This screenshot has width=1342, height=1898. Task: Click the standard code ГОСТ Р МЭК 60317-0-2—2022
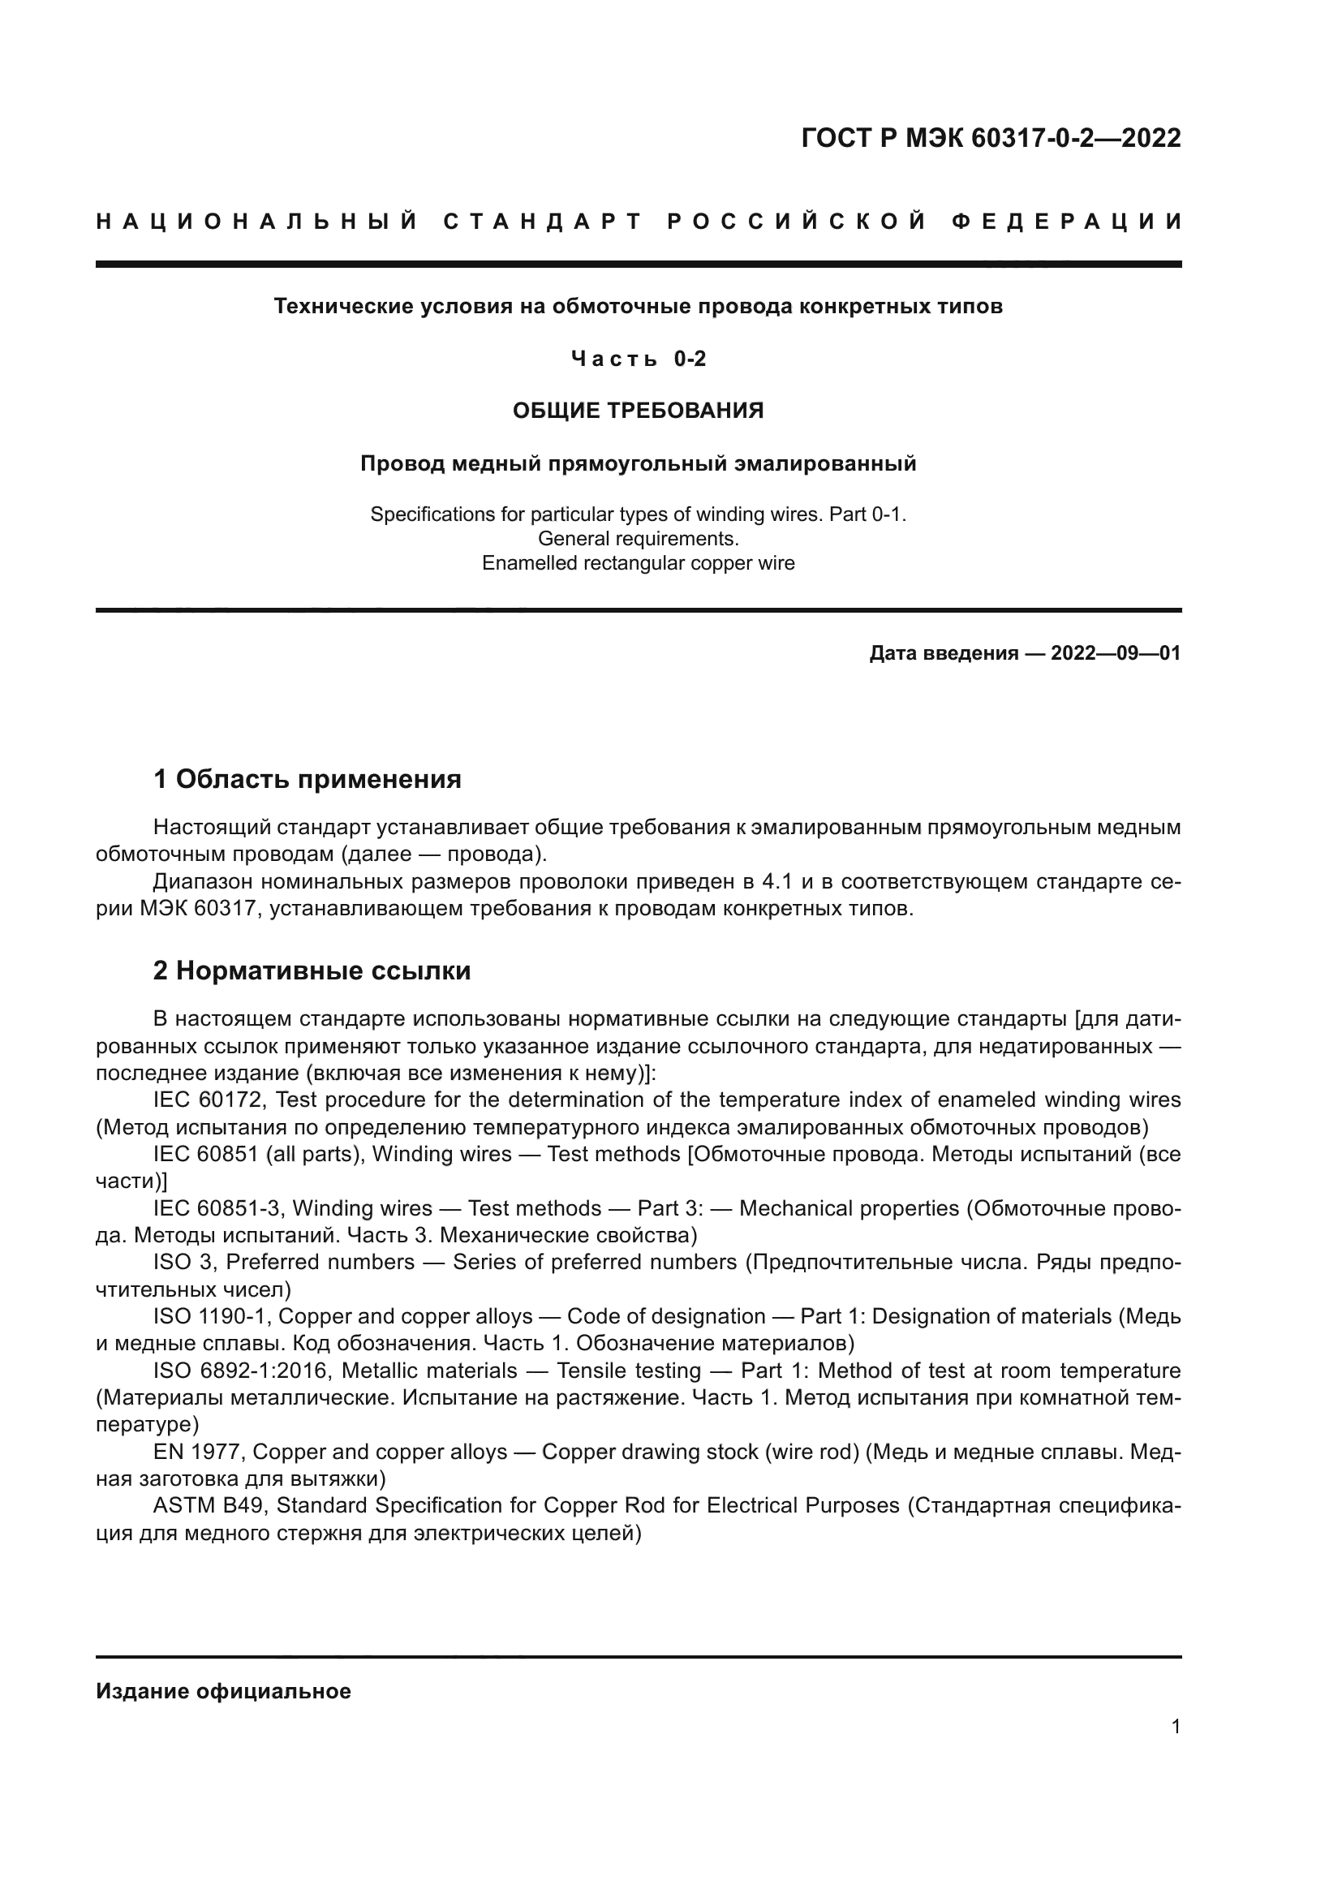click(991, 138)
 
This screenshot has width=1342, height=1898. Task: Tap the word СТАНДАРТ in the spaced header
click(543, 222)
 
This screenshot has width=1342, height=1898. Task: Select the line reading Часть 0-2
click(638, 359)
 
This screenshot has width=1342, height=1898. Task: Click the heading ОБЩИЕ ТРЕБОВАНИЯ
click(638, 411)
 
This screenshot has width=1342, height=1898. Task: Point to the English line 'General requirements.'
click(638, 539)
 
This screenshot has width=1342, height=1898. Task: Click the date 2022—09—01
click(1115, 654)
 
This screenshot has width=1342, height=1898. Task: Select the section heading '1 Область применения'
click(307, 779)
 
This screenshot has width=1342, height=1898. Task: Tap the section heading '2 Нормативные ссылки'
click(312, 971)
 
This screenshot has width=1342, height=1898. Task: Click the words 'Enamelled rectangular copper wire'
click(638, 564)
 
